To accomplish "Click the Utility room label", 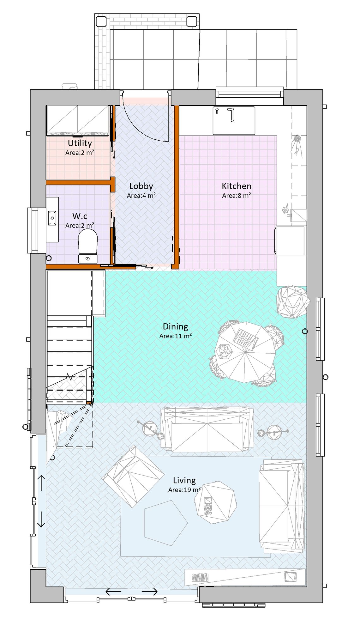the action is tap(80, 143).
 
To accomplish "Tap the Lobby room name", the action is tap(141, 186).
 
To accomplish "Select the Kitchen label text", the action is tap(237, 186).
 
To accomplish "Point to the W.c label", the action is tap(80, 216).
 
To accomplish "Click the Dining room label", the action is tap(175, 326).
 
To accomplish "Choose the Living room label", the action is tap(184, 480).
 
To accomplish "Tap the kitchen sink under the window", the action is tap(234, 120).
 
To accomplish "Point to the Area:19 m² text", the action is tap(184, 490).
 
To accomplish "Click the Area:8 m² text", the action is tap(237, 195).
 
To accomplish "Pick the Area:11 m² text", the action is tap(175, 336).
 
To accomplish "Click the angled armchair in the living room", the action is tap(133, 476).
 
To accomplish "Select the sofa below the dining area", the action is tap(207, 429).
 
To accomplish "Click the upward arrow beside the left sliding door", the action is tap(41, 483).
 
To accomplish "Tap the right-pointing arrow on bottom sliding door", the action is tap(149, 592).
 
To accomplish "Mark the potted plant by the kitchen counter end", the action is tap(293, 302).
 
